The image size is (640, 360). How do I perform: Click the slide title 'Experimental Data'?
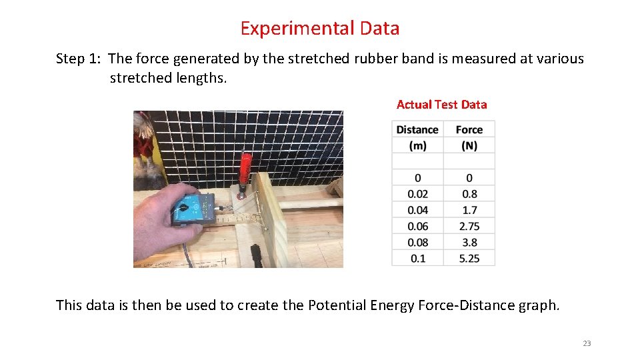click(320, 29)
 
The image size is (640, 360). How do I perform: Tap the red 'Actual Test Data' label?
click(441, 105)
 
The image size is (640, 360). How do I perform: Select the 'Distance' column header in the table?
click(417, 137)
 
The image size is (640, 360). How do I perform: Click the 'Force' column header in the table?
click(469, 137)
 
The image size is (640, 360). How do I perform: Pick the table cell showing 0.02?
click(417, 194)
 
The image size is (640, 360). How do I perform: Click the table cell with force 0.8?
click(469, 194)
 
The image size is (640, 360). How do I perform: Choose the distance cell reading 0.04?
click(417, 210)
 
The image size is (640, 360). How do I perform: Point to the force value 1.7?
click(469, 210)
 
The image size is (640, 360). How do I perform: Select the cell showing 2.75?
click(469, 226)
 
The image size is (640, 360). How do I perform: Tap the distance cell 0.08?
click(417, 242)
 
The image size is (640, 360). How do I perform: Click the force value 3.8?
click(469, 242)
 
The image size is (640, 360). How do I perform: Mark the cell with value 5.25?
click(469, 258)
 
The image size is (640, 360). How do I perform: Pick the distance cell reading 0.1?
click(417, 258)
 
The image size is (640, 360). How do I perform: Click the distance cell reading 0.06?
click(417, 226)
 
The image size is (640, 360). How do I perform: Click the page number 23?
click(587, 343)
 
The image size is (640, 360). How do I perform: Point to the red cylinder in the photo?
click(246, 169)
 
